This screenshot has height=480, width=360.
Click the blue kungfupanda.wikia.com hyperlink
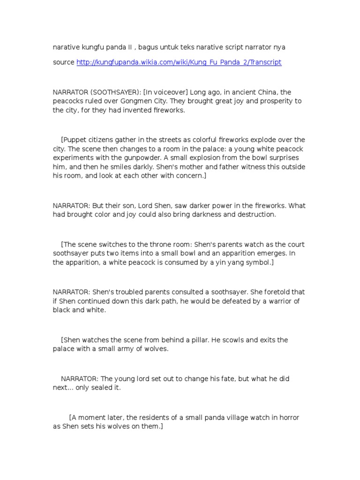tap(179, 62)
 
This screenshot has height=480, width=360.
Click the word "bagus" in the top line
tap(144, 47)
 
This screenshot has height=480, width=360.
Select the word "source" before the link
tap(63, 62)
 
